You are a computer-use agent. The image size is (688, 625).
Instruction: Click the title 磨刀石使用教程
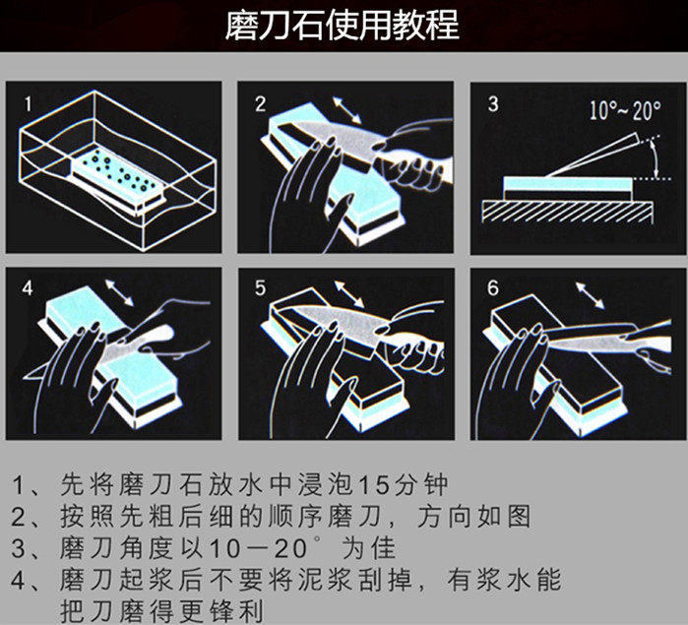(x=343, y=26)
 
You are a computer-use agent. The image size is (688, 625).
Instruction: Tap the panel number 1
(x=29, y=104)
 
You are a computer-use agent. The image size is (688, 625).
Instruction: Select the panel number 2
(x=260, y=104)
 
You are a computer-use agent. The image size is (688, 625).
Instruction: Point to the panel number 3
(x=493, y=104)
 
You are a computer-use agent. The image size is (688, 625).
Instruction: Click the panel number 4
(x=28, y=288)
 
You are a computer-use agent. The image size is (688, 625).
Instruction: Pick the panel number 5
(x=260, y=288)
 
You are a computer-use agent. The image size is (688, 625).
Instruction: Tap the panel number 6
(x=493, y=288)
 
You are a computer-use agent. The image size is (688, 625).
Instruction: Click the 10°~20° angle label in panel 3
(x=625, y=110)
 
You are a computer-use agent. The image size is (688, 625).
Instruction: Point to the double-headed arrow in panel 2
(x=346, y=109)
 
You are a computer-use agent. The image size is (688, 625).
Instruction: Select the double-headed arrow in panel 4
(x=119, y=292)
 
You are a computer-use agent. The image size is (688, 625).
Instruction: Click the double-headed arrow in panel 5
(x=349, y=294)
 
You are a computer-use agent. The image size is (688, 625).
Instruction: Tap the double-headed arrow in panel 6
(x=590, y=295)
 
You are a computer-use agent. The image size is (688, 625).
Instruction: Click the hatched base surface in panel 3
(x=567, y=212)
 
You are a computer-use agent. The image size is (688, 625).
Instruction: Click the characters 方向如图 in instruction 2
(x=473, y=516)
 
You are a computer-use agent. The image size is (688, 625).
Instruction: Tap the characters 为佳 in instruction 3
(x=368, y=548)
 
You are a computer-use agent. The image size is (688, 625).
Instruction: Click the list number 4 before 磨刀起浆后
(x=18, y=581)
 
